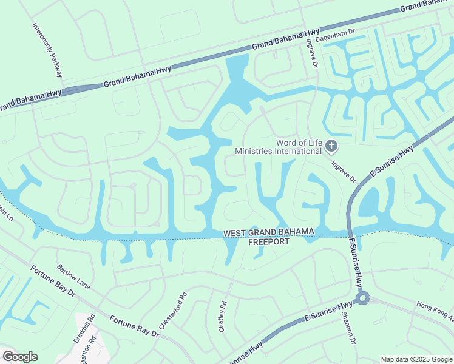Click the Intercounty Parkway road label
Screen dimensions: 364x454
47,50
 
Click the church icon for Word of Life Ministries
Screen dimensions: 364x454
331,146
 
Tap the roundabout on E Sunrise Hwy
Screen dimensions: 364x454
363,298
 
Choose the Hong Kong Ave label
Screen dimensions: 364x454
435,311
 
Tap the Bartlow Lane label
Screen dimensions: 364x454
73,276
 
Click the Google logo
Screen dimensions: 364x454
20,357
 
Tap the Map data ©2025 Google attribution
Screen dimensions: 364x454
415,359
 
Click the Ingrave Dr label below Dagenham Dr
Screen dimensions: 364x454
312,54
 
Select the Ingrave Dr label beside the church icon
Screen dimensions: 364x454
344,171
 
